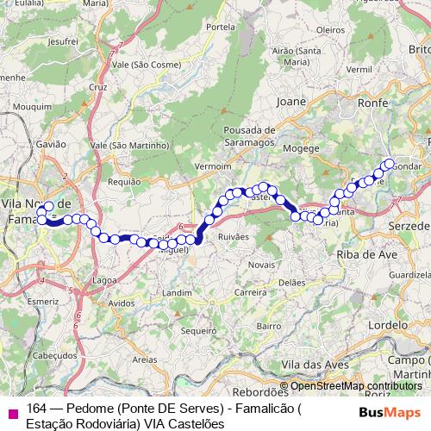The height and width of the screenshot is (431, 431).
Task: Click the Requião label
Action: tap(123, 182)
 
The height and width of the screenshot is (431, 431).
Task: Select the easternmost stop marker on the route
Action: tap(389, 164)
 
